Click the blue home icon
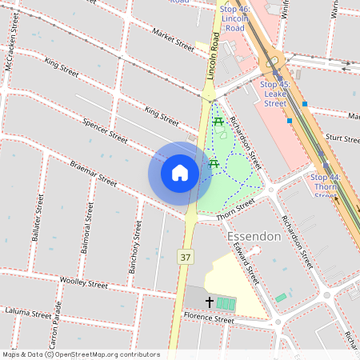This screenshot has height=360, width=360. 180,173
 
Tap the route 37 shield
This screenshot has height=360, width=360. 186,257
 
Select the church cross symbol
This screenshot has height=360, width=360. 210,302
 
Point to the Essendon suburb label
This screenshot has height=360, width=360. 254,237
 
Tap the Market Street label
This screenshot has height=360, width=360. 172,40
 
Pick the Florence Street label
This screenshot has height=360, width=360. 209,320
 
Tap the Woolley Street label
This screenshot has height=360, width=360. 84,282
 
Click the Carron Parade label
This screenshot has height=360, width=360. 54,330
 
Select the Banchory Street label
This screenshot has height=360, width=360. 135,250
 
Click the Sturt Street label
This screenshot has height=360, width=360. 343,138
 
